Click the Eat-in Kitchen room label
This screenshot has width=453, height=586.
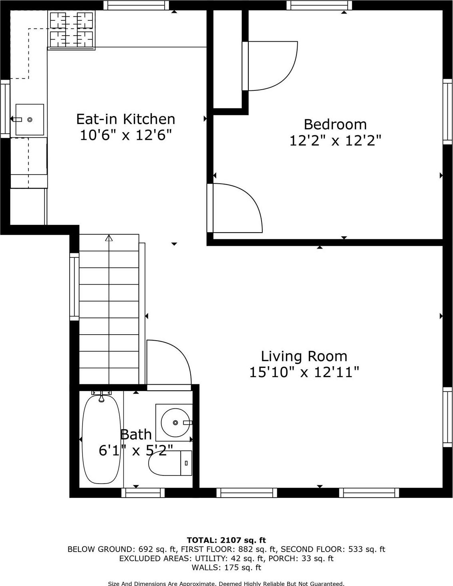125,119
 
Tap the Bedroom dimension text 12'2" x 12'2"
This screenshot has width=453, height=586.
335,140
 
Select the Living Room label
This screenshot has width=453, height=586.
304,356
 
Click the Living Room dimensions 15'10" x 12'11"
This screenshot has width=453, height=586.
304,372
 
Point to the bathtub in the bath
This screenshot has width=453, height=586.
101,439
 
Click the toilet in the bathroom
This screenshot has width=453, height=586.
170,463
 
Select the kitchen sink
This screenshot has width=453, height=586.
30,120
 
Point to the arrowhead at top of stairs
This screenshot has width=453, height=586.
109,238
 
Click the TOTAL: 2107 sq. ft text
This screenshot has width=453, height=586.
226,540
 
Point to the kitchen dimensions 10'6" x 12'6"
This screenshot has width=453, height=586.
125,135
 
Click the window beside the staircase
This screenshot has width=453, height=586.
74,287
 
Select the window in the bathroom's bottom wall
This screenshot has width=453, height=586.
143,493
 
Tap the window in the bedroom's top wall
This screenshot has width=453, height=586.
319,5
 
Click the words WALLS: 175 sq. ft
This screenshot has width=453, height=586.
226,567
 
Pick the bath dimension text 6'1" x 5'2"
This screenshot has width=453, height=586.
136,451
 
